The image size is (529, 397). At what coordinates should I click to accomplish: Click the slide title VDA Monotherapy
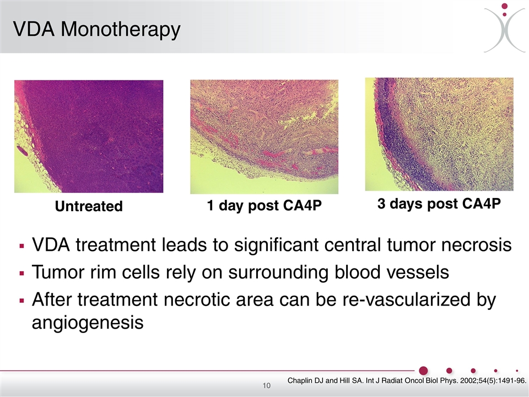pyautogui.click(x=97, y=30)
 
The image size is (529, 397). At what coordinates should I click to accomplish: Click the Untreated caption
pyautogui.click(x=89, y=206)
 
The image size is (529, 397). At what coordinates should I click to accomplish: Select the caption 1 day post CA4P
pyautogui.click(x=264, y=206)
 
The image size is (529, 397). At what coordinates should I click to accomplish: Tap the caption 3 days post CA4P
pyautogui.click(x=439, y=203)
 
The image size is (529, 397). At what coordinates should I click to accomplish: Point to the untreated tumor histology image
pyautogui.click(x=89, y=136)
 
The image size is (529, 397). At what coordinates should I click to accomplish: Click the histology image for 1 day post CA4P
pyautogui.click(x=264, y=137)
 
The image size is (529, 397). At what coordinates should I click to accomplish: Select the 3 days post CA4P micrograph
pyautogui.click(x=439, y=135)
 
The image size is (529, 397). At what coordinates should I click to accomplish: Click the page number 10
pyautogui.click(x=267, y=385)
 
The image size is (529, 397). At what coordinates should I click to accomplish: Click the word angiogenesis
pyautogui.click(x=88, y=323)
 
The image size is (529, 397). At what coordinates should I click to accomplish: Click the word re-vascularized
pyautogui.click(x=406, y=299)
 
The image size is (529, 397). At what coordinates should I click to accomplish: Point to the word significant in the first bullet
pyautogui.click(x=276, y=245)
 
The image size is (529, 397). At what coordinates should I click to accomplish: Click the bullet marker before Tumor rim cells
pyautogui.click(x=22, y=273)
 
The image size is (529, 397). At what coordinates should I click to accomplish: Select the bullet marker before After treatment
pyautogui.click(x=22, y=301)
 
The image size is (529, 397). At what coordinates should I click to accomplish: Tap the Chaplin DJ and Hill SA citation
pyautogui.click(x=407, y=381)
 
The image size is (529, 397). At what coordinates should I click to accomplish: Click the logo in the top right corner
pyautogui.click(x=505, y=28)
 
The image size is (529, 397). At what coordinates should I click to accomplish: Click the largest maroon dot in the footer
pyautogui.click(x=423, y=371)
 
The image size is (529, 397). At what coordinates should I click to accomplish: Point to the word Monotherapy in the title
pyautogui.click(x=121, y=30)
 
